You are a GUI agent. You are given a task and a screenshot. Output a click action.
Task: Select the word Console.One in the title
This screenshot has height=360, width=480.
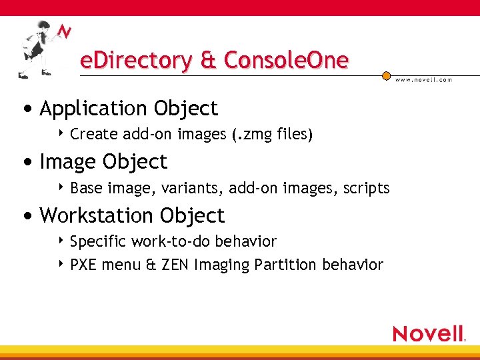(x=286, y=61)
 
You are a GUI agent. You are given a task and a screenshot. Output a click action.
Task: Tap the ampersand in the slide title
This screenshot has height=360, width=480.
(x=207, y=61)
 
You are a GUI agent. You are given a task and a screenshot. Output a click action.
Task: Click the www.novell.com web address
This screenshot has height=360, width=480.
(x=423, y=80)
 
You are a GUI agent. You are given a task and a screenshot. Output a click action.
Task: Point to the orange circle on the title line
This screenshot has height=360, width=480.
(x=386, y=76)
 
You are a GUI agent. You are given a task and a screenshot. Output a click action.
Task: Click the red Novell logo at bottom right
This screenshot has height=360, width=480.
(x=428, y=333)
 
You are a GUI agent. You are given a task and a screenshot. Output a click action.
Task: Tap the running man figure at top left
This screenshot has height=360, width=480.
(x=36, y=49)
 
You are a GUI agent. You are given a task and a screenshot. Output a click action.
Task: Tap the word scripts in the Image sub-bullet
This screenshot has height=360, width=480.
(x=366, y=188)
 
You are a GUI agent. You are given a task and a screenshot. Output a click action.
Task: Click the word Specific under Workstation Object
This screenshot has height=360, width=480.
(x=98, y=241)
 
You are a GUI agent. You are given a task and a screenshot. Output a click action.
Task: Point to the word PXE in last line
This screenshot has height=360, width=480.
(x=83, y=265)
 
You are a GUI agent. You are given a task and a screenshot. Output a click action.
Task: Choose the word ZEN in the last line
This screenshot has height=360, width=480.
(x=175, y=265)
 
